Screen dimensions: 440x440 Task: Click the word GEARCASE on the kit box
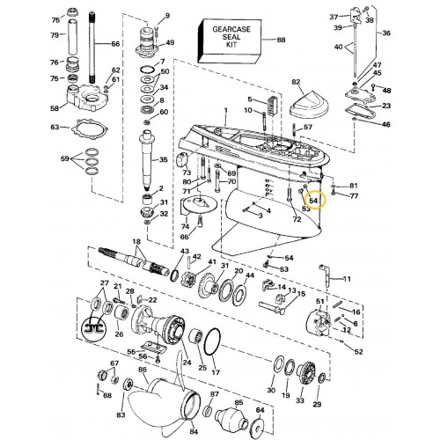231,29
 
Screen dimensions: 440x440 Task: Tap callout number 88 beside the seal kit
281,40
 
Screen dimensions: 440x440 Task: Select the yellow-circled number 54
313,201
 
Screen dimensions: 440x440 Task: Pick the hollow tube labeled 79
74,37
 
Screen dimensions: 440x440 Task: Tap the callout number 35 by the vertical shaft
163,160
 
